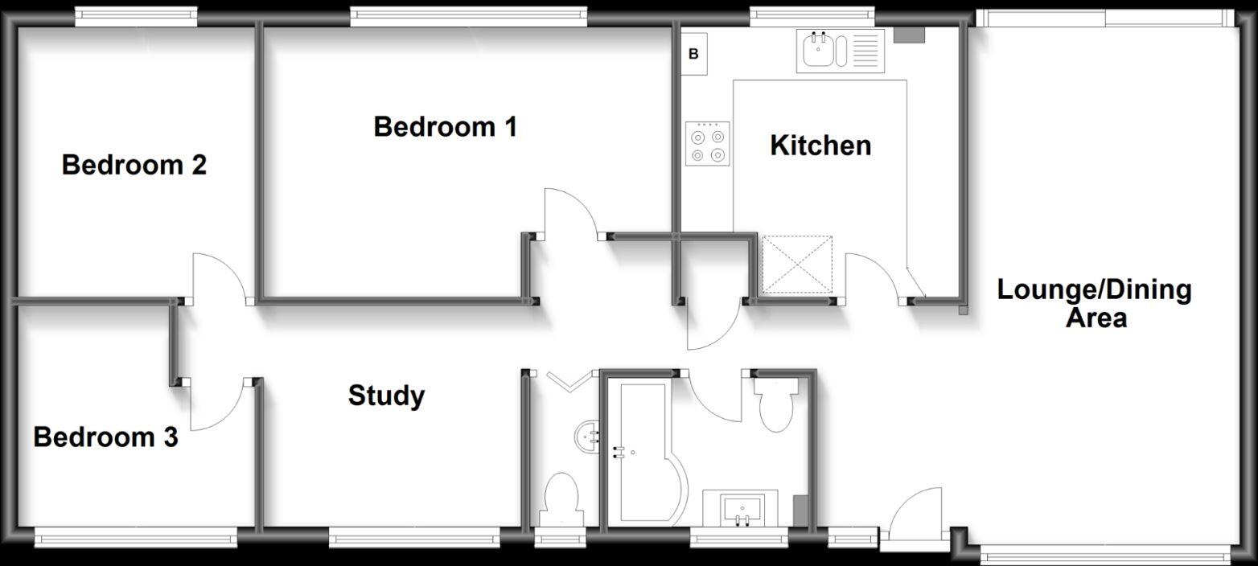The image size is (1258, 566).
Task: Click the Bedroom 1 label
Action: point(445,127)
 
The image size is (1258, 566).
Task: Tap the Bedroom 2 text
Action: point(134,166)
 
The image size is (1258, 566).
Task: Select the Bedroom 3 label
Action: point(105,438)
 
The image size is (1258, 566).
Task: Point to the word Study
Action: point(386,396)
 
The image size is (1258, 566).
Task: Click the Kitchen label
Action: point(820,146)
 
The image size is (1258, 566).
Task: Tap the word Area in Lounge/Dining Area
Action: point(1096,318)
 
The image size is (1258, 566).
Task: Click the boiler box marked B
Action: point(693,55)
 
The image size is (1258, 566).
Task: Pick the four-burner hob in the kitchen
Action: point(708,143)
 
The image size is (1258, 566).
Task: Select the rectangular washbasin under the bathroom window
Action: point(741,509)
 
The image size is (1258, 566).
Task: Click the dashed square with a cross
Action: point(796,265)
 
